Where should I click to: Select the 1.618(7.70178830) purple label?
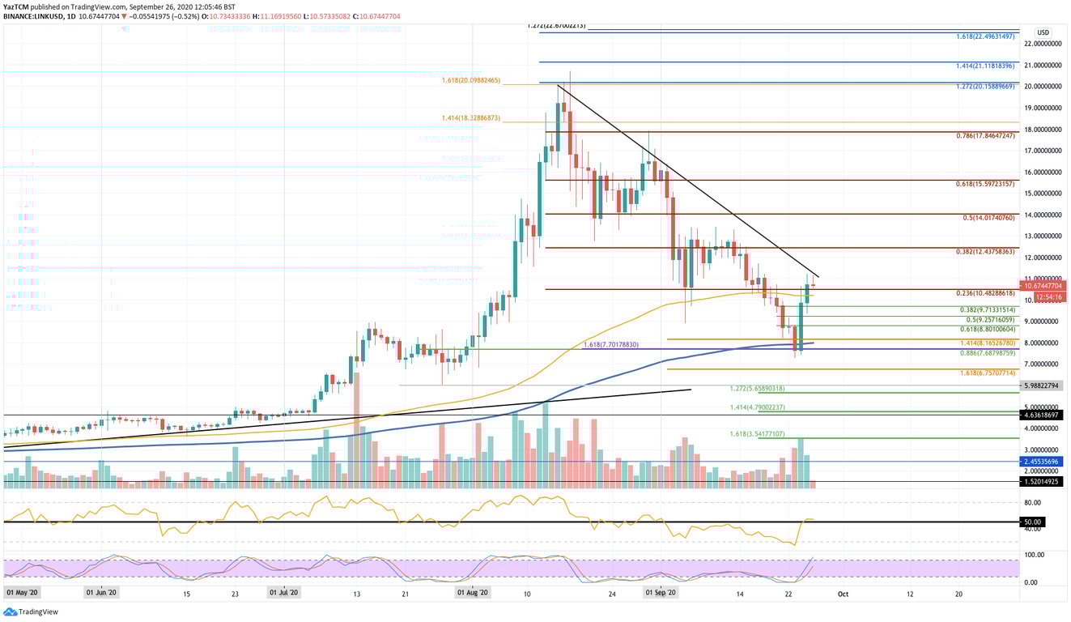(x=610, y=345)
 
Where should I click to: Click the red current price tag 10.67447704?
(x=1043, y=286)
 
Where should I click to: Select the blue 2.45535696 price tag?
(x=1043, y=462)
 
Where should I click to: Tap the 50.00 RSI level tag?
(x=1031, y=522)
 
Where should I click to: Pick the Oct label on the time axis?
(x=842, y=594)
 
